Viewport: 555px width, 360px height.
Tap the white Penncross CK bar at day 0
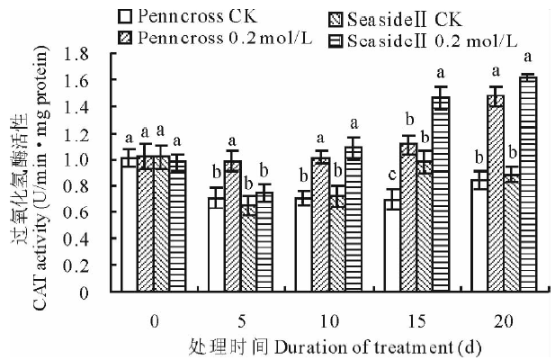(130, 225)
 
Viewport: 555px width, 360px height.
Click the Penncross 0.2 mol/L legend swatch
(126, 37)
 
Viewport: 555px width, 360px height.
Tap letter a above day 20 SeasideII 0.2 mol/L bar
(528, 58)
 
